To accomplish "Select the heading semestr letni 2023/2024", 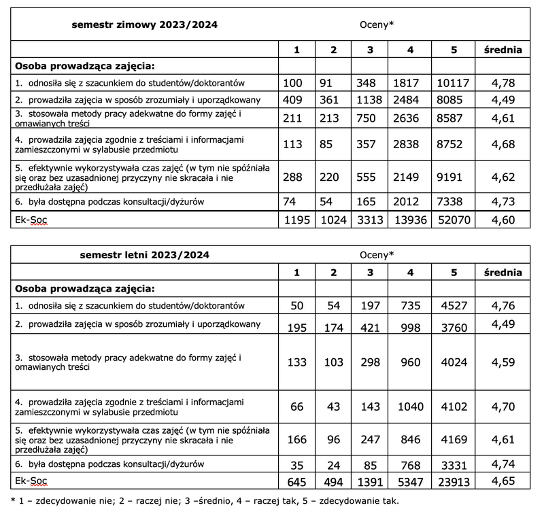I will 143,255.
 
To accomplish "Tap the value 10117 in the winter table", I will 454,84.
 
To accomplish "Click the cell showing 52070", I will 454,220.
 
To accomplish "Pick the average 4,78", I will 503,84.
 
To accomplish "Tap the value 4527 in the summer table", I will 454,306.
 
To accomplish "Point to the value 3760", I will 454,328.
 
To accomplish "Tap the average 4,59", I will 503,362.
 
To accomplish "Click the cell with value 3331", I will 454,466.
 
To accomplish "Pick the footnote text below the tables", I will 205,501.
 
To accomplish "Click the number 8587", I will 454,120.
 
